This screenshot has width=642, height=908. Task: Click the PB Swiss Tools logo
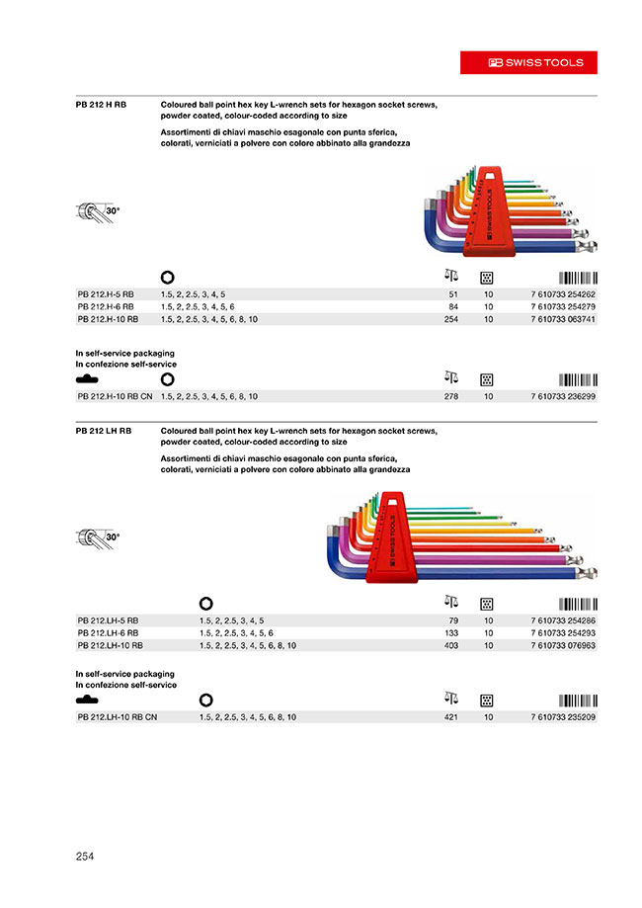(x=536, y=62)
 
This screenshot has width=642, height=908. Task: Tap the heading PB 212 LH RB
(x=104, y=431)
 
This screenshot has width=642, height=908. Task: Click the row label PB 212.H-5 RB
(x=106, y=294)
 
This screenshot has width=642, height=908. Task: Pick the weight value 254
(x=451, y=319)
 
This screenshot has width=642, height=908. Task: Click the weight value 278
(x=451, y=396)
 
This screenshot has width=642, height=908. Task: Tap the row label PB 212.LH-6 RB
(x=108, y=632)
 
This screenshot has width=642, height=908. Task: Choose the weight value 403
(x=451, y=645)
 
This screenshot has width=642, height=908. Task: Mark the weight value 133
(x=451, y=632)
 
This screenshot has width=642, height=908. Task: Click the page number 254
(x=84, y=857)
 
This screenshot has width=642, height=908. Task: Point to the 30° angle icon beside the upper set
(x=98, y=211)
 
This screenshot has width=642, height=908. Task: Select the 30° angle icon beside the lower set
(x=98, y=537)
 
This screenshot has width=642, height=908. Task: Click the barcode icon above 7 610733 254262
(x=578, y=277)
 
